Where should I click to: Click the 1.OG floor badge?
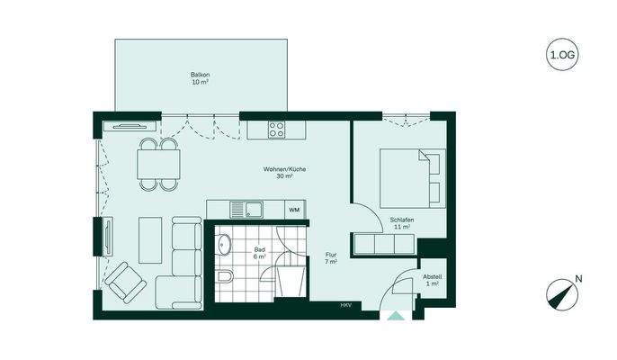[x=562, y=55]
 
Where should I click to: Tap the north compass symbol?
[x=560, y=294]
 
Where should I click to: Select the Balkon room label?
[x=201, y=77]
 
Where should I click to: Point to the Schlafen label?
[x=401, y=224]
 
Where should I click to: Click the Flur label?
[x=330, y=259]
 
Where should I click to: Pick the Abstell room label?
[x=432, y=280]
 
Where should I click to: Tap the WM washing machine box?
[x=293, y=210]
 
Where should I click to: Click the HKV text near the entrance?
[x=345, y=306]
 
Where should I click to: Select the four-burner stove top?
[x=276, y=130]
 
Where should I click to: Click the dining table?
[x=158, y=165]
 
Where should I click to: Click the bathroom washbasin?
[x=222, y=242]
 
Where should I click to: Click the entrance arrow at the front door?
[x=393, y=315]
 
